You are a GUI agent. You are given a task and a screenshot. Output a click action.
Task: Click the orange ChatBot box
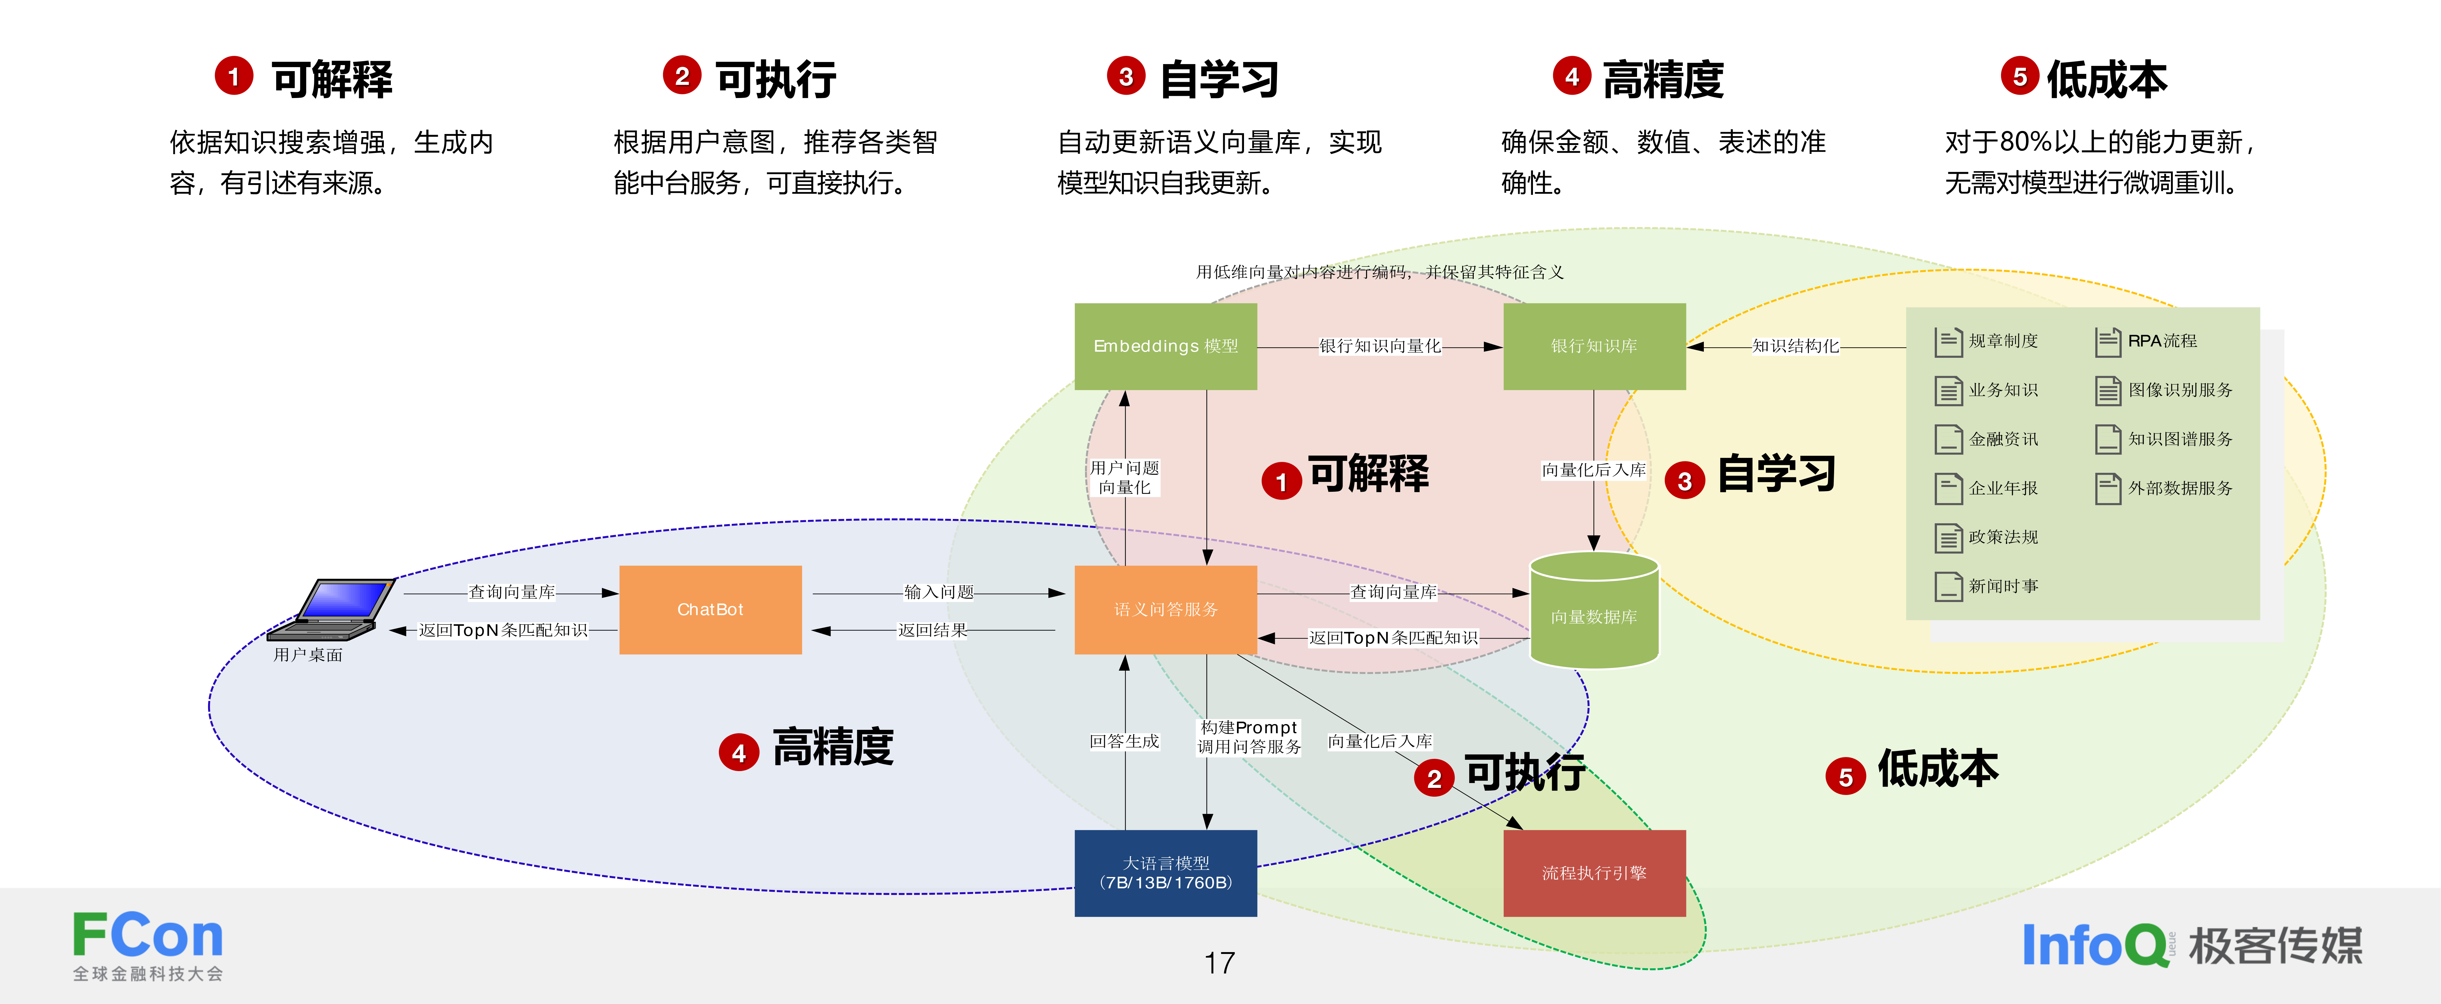point(710,610)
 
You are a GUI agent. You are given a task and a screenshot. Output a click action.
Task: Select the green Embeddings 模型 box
point(1166,346)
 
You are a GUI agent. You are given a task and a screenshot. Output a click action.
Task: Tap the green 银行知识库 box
point(1594,346)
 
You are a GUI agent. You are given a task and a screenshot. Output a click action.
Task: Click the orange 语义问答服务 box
point(1166,610)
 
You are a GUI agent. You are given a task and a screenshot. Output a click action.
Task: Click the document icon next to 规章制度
point(1947,341)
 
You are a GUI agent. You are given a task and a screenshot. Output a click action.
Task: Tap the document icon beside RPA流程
point(2107,341)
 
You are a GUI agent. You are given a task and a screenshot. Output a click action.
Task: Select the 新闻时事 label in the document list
point(2003,586)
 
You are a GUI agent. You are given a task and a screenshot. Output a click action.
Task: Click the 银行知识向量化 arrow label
point(1380,346)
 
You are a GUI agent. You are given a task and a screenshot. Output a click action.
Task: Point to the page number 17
point(1220,963)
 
